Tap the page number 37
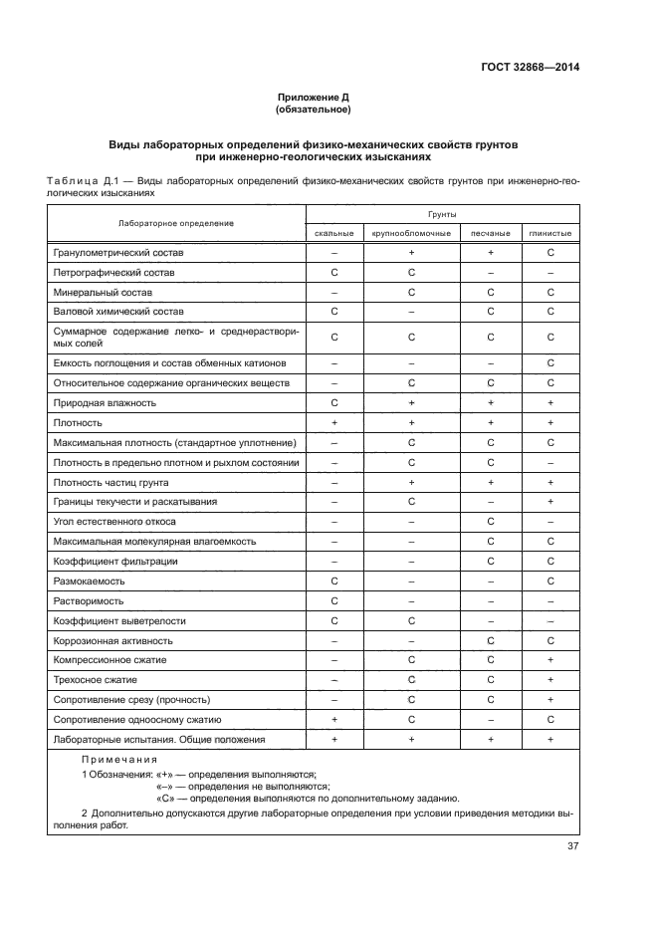pyautogui.click(x=572, y=846)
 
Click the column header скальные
pyautogui.click(x=334, y=233)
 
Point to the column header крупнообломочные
pyautogui.click(x=410, y=233)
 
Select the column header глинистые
pyautogui.click(x=550, y=233)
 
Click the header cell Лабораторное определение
pyautogui.click(x=176, y=223)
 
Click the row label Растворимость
pyautogui.click(x=89, y=600)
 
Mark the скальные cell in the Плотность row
pyautogui.click(x=334, y=423)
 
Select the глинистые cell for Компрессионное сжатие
pyautogui.click(x=550, y=659)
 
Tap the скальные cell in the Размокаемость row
pyautogui.click(x=334, y=581)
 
